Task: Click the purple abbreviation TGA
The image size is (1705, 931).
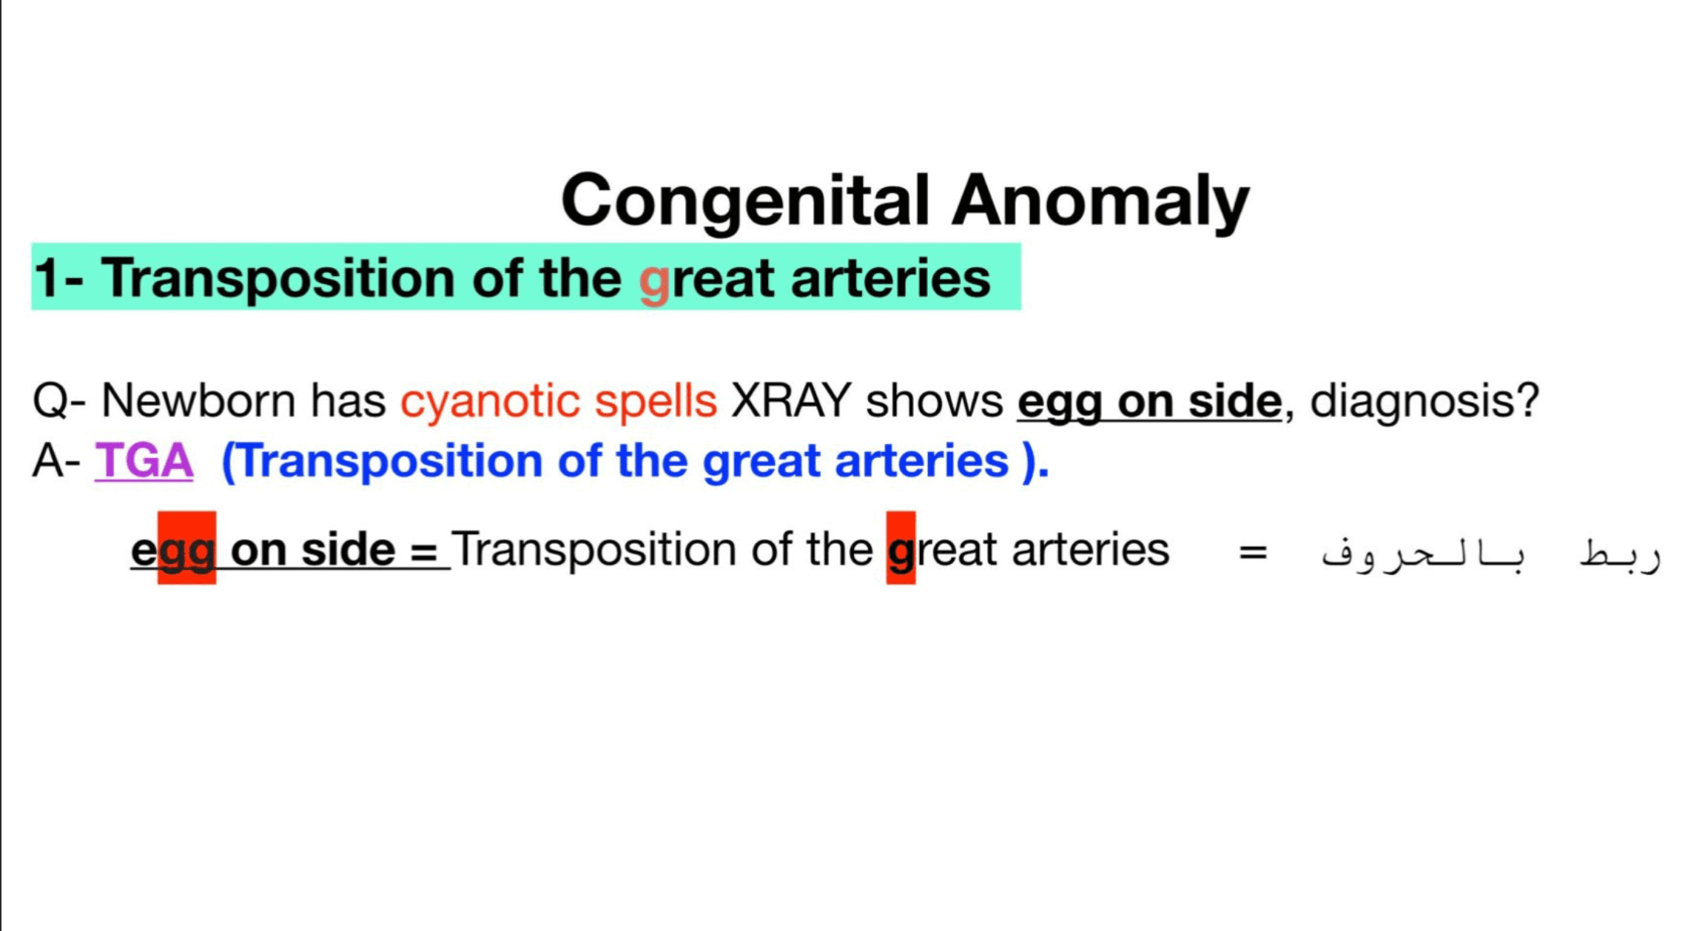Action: (144, 460)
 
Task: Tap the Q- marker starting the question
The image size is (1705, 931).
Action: (59, 401)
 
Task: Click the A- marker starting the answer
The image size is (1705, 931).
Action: (56, 460)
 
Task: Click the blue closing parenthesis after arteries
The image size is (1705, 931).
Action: (1029, 462)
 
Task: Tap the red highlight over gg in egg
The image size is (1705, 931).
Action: (186, 548)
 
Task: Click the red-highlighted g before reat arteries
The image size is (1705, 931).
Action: (901, 548)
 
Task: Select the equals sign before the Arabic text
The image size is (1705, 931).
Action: (1253, 552)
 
